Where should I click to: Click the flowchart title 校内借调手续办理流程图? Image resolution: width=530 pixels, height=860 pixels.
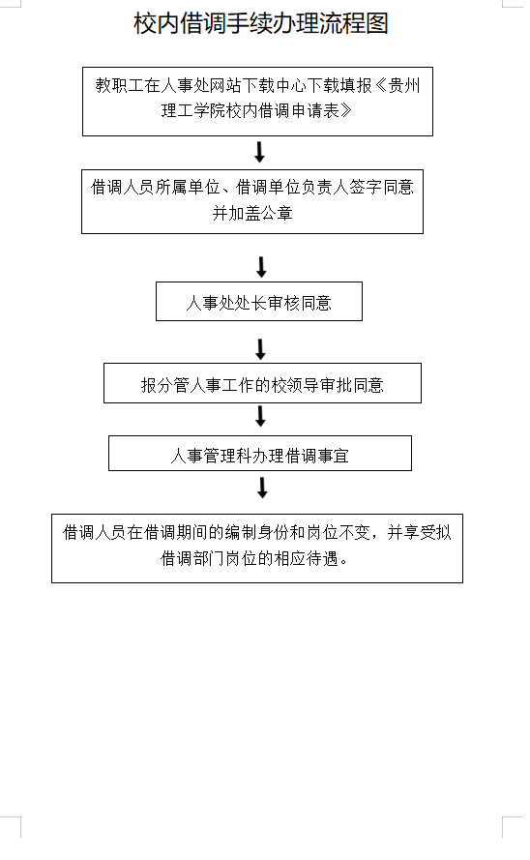coord(261,23)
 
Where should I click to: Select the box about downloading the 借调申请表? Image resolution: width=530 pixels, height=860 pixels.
coord(257,102)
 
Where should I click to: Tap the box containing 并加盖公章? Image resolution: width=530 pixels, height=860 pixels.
coord(252,202)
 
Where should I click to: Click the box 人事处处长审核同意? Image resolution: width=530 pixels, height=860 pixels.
coord(259,301)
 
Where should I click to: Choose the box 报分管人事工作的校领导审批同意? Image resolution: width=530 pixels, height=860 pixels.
coord(262,383)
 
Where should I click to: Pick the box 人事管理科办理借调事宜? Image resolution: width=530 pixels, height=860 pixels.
coord(260,453)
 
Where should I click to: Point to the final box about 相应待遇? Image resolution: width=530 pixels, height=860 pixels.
coord(257,548)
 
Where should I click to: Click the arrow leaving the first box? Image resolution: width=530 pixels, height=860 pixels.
coord(260,152)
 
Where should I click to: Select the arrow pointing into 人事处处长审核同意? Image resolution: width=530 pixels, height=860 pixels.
coord(261,267)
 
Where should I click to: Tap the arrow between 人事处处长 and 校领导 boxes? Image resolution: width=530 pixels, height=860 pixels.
coord(261,349)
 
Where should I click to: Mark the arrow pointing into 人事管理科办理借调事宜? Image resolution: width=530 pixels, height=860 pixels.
coord(261,416)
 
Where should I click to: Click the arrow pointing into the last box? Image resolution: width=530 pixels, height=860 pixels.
coord(262,488)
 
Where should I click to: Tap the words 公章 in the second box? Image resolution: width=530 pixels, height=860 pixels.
coord(277,213)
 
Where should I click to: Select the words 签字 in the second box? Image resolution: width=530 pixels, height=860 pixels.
coord(366,188)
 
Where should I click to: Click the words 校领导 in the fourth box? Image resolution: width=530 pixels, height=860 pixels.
coord(294,385)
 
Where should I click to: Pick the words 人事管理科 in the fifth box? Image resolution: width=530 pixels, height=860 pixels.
coord(211,456)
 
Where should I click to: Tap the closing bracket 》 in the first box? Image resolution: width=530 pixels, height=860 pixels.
coord(346,111)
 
